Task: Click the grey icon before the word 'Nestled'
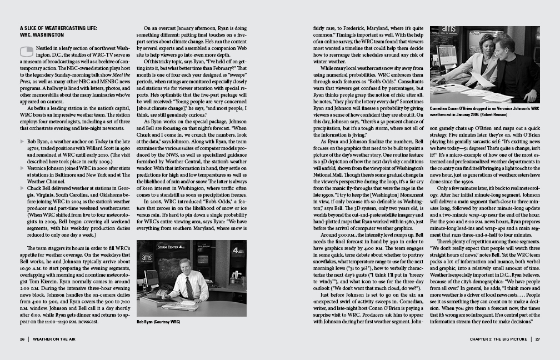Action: pos(26,52)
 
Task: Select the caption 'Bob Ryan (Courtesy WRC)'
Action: pos(158,321)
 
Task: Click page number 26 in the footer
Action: pos(22,338)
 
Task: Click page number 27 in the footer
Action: pos(537,338)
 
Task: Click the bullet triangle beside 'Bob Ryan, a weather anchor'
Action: pos(22,142)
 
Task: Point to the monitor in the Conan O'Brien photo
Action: pos(447,56)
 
